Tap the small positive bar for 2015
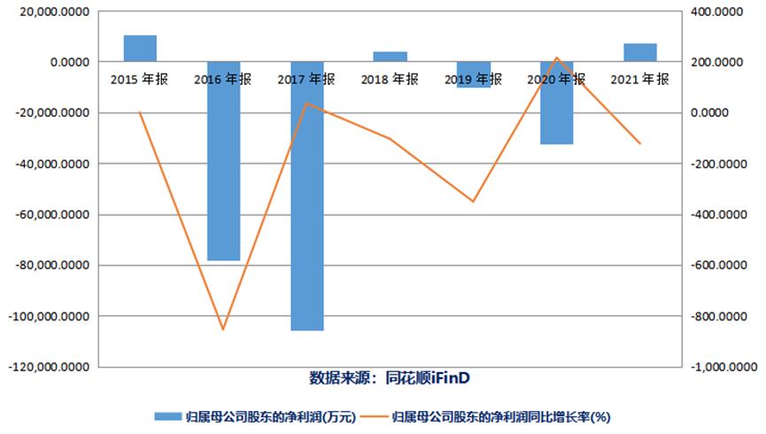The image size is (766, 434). (140, 49)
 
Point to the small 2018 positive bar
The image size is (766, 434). (390, 57)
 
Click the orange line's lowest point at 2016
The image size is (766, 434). (223, 329)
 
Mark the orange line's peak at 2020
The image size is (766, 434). (557, 58)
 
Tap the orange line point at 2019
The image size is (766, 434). (473, 201)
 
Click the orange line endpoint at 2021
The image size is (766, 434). (640, 143)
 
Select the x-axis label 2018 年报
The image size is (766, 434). (390, 79)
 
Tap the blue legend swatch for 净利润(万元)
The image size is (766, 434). (168, 415)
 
